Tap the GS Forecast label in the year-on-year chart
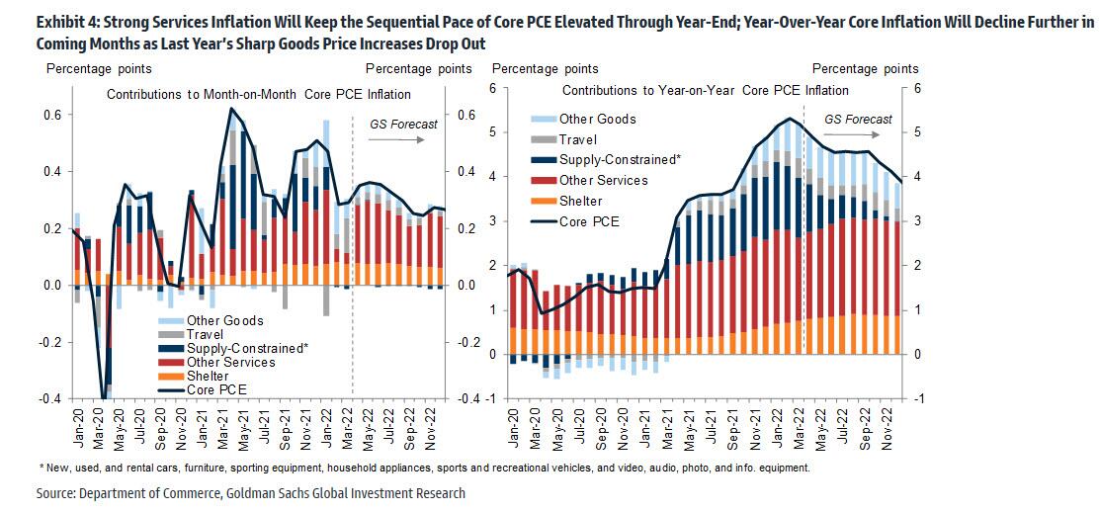coord(858,120)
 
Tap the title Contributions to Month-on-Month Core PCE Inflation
coord(259,94)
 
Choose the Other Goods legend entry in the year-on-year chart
coord(597,119)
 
